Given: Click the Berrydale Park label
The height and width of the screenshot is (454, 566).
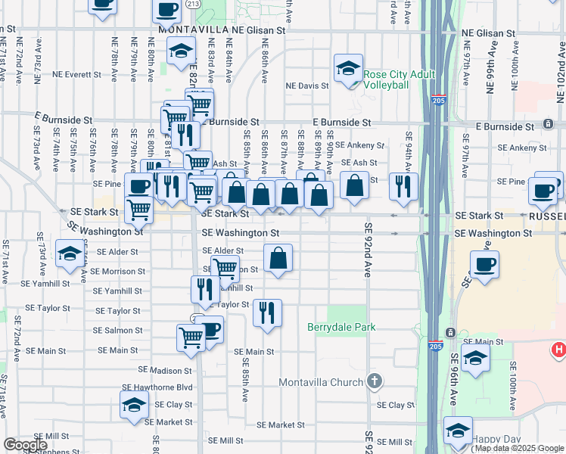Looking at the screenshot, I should click(x=341, y=327).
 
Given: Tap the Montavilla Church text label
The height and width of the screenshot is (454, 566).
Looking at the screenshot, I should click(x=321, y=382).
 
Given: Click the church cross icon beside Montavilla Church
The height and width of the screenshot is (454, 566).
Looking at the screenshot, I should click(x=374, y=381).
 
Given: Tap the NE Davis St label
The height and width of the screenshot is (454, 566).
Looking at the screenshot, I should click(x=307, y=86).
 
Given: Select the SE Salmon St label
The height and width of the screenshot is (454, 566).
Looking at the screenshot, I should click(x=118, y=331).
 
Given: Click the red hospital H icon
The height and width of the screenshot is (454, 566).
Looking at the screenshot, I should click(x=558, y=350).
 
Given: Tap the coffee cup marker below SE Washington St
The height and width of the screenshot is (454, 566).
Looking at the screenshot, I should click(x=484, y=265).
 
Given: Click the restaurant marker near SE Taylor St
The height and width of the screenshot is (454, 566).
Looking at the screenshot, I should click(x=266, y=311).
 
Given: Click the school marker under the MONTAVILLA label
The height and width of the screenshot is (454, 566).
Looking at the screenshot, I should click(x=181, y=51).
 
